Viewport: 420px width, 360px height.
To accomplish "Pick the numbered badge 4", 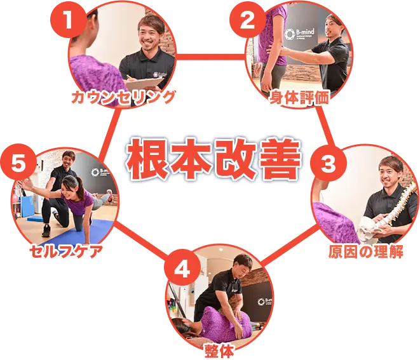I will tap(181, 269).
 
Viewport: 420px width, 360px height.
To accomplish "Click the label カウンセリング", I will tap(123, 97).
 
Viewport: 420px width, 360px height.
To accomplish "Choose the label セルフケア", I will tap(66, 252).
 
